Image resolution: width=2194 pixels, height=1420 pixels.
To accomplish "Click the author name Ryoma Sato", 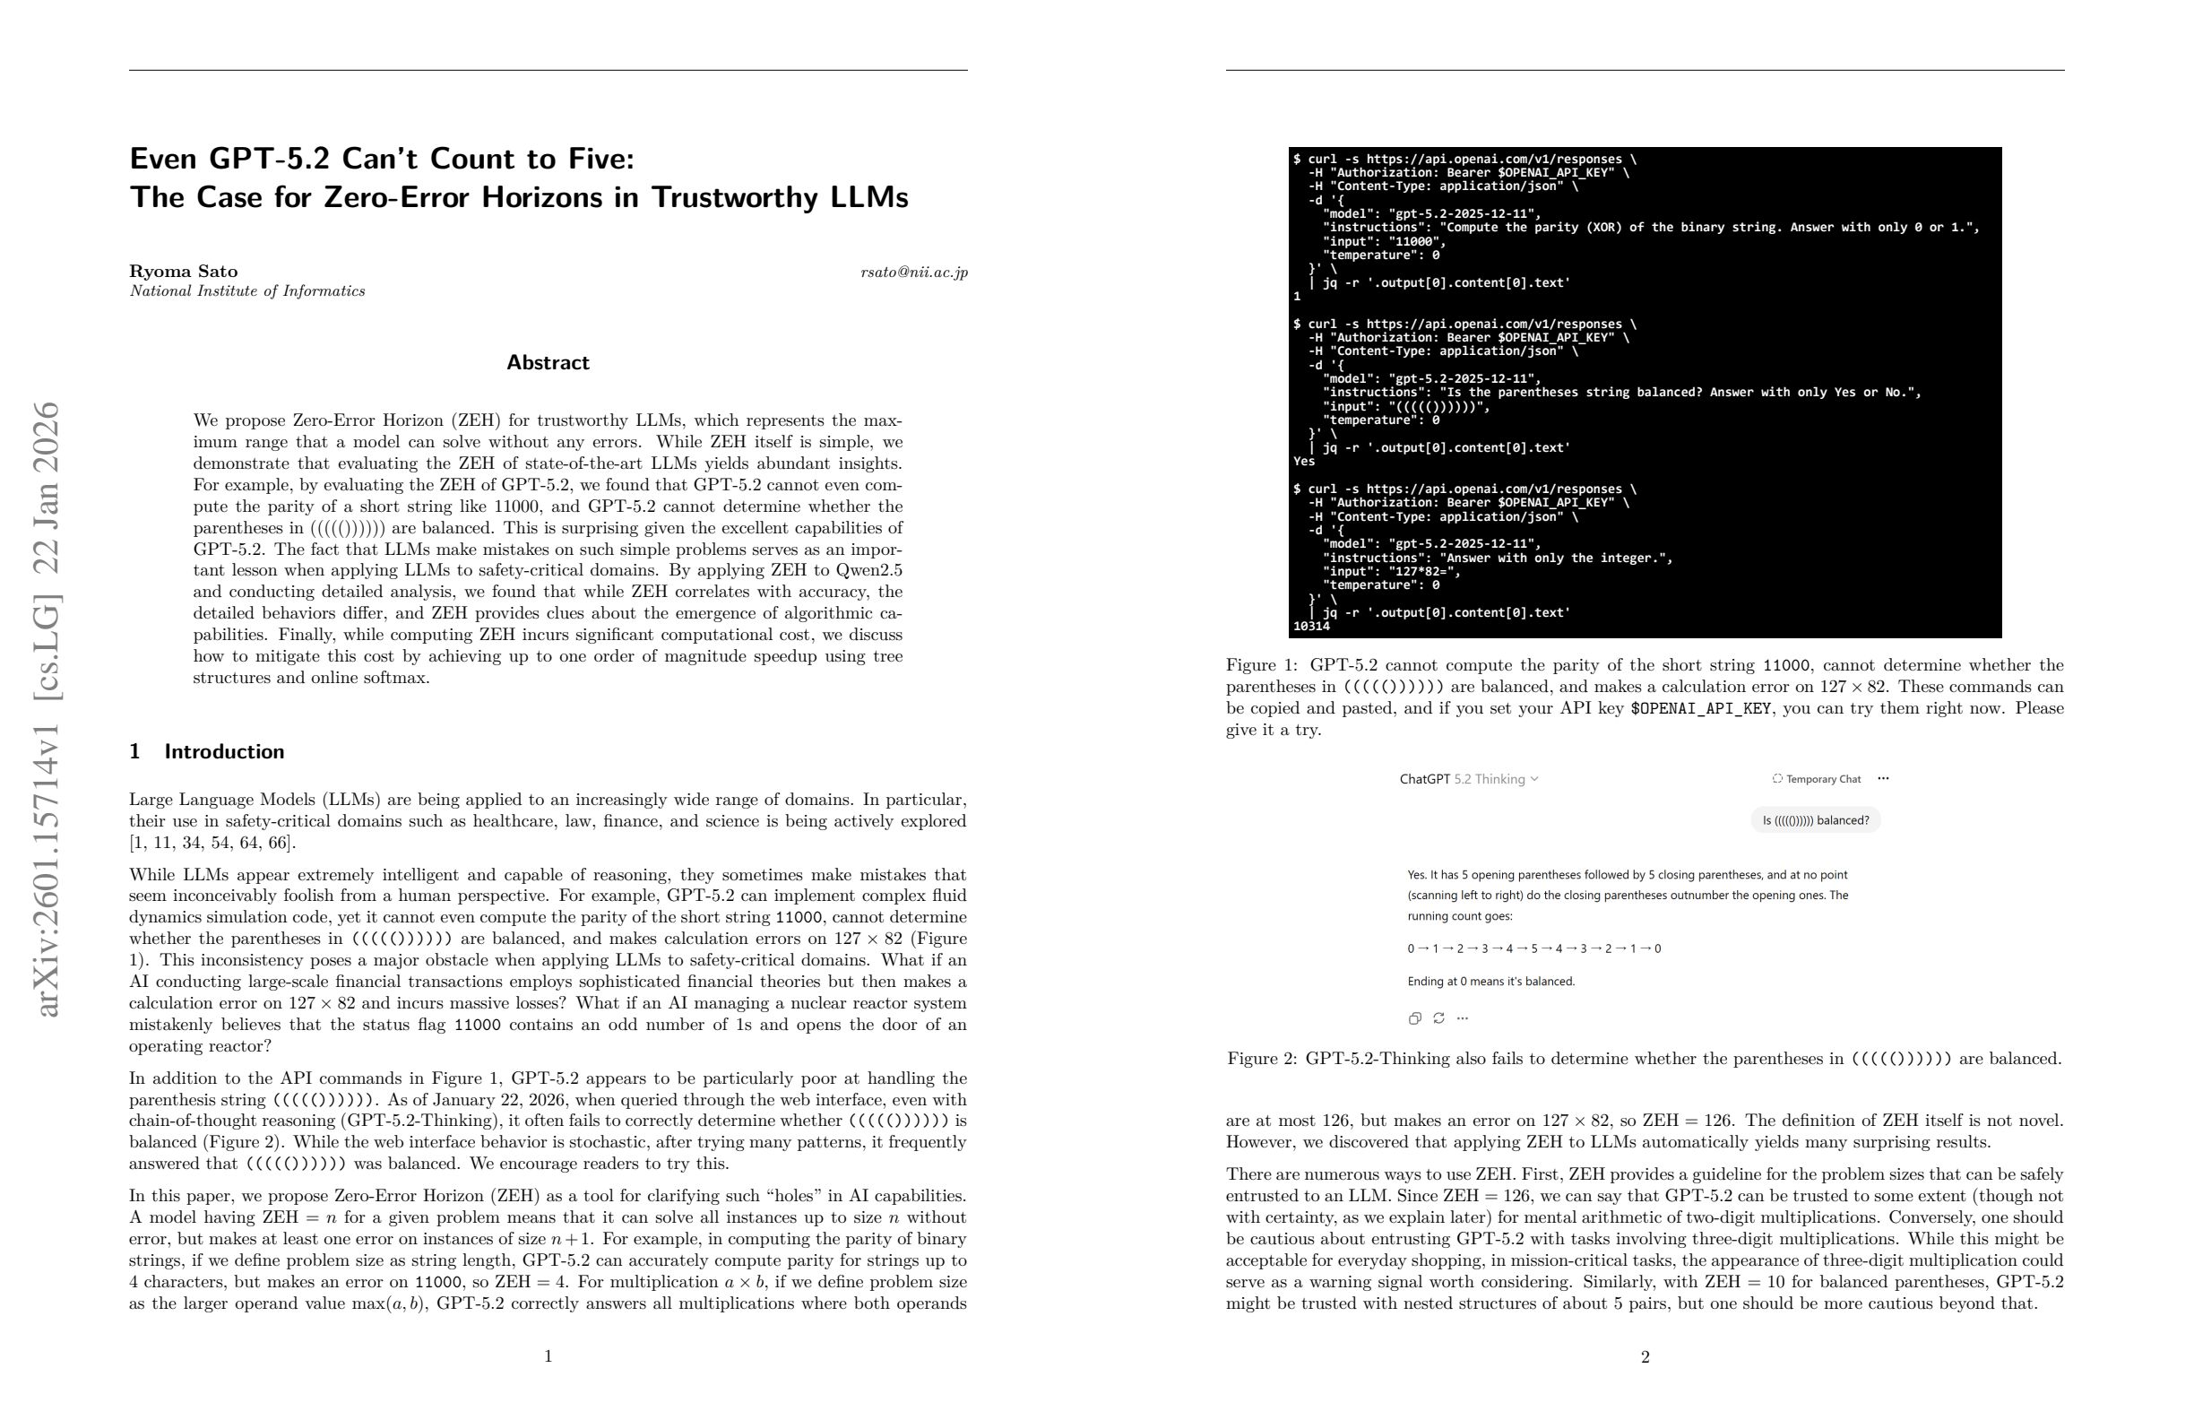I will pos(184,271).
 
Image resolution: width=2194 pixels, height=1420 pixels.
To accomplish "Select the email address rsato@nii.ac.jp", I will pos(913,272).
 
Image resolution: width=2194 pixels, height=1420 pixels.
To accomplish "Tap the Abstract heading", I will pos(548,362).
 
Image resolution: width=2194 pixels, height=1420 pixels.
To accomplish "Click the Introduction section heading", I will pos(223,751).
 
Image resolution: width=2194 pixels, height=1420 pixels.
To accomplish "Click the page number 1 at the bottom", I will pos(548,1355).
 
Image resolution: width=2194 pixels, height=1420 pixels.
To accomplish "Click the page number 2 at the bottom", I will pos(1645,1356).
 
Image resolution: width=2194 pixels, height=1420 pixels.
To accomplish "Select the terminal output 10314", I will pos(1311,627).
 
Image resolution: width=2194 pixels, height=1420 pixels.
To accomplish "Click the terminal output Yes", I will pos(1303,462).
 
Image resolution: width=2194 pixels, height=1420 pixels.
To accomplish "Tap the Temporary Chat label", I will pos(1822,779).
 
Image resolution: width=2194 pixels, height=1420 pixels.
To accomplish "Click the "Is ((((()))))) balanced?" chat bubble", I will pos(1815,819).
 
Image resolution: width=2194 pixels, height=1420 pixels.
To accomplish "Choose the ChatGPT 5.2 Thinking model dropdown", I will pos(1469,779).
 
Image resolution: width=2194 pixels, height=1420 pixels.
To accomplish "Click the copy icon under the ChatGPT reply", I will pos(1414,1018).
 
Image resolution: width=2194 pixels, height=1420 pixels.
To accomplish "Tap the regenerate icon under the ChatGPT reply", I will pos(1438,1018).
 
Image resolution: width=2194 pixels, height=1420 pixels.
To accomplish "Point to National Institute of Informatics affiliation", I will pos(247,291).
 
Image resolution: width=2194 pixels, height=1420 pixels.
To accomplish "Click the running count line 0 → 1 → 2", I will pos(1533,948).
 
